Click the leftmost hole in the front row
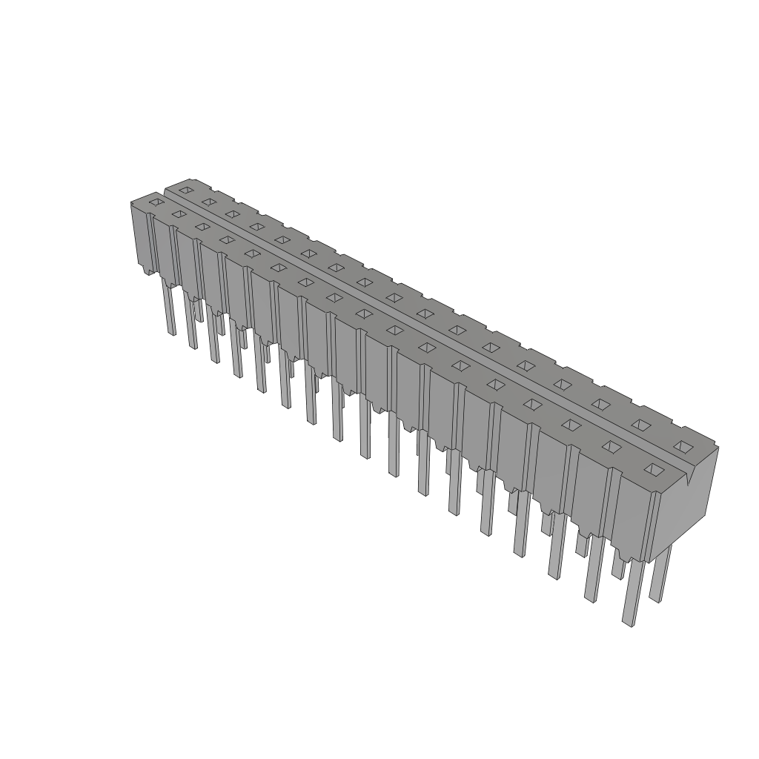click(156, 201)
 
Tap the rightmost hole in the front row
click(653, 469)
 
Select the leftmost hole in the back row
click(186, 190)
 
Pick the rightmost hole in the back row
click(683, 445)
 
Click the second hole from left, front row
click(178, 213)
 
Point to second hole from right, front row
click(611, 446)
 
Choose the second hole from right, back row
click(640, 424)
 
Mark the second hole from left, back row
click(209, 202)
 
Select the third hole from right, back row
click(600, 404)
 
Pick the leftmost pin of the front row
click(170, 311)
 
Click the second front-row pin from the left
click(191, 326)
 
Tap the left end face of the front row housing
click(141, 237)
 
